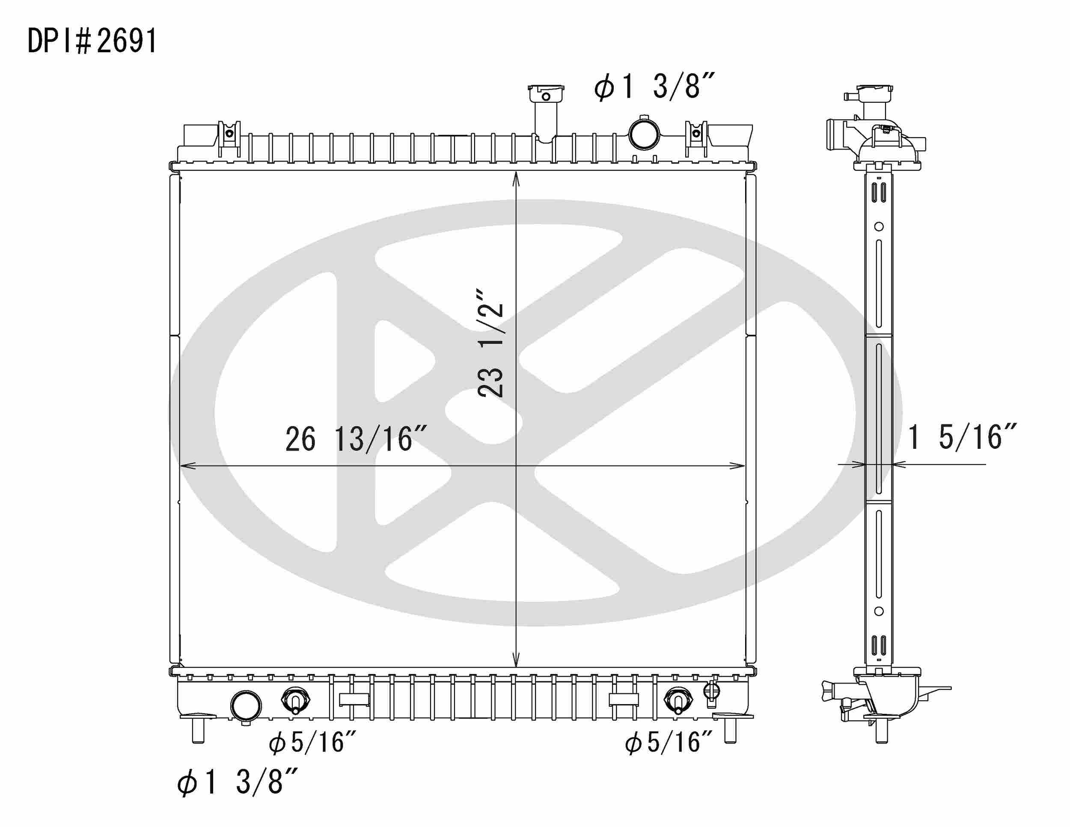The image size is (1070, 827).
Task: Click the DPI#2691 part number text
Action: click(x=92, y=41)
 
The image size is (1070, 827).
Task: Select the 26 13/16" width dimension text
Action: click(x=356, y=439)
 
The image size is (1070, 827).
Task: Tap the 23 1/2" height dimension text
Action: click(x=490, y=343)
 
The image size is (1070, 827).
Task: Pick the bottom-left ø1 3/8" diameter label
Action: click(x=238, y=782)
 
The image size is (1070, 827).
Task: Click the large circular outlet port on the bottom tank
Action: click(x=245, y=706)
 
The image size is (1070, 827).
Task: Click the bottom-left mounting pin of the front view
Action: click(x=198, y=731)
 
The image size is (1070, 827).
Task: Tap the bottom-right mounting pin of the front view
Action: click(x=730, y=731)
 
